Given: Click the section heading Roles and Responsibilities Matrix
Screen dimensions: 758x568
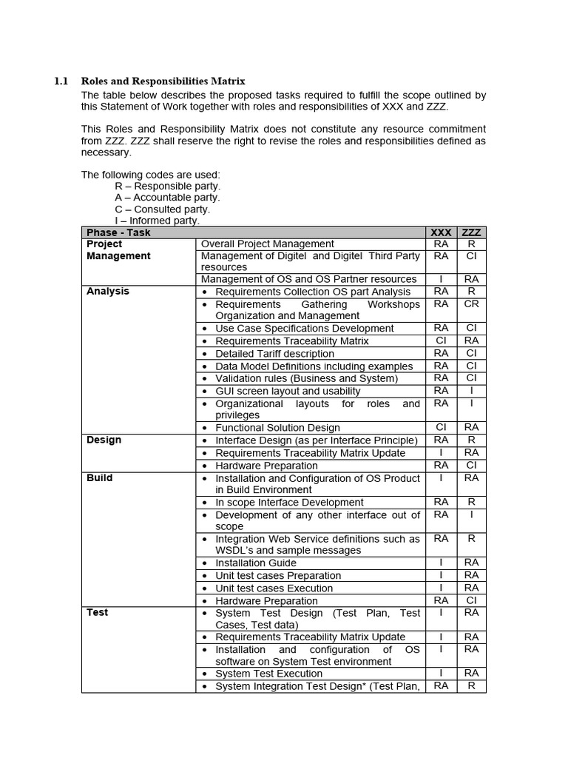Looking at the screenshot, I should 163,81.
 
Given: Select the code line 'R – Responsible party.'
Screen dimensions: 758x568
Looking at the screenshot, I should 167,187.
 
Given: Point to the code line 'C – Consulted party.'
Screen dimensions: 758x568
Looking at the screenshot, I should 162,209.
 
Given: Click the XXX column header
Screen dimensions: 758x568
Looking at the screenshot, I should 441,232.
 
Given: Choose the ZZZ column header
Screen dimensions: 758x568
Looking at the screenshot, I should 471,232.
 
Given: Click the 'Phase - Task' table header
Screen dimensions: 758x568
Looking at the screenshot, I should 118,232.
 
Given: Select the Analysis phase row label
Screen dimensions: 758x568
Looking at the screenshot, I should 108,292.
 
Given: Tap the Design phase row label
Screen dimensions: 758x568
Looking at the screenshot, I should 104,440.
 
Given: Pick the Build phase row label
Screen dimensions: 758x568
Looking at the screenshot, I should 100,478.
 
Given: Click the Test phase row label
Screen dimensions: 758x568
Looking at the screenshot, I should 98,613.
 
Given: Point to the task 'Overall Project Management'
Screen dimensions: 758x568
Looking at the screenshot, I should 268,244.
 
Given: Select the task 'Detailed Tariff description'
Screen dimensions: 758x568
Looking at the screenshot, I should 274,354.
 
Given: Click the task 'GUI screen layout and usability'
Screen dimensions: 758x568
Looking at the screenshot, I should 288,391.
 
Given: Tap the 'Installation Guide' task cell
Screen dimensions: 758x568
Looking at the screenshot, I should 256,563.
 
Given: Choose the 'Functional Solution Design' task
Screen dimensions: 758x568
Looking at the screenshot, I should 277,428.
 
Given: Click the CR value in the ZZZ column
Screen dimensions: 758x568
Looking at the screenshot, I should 471,304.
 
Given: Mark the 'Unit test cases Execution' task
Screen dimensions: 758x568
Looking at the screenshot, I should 274,588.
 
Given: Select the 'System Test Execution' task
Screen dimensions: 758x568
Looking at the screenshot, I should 268,674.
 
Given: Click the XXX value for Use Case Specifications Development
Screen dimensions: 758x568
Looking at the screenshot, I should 441,328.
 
